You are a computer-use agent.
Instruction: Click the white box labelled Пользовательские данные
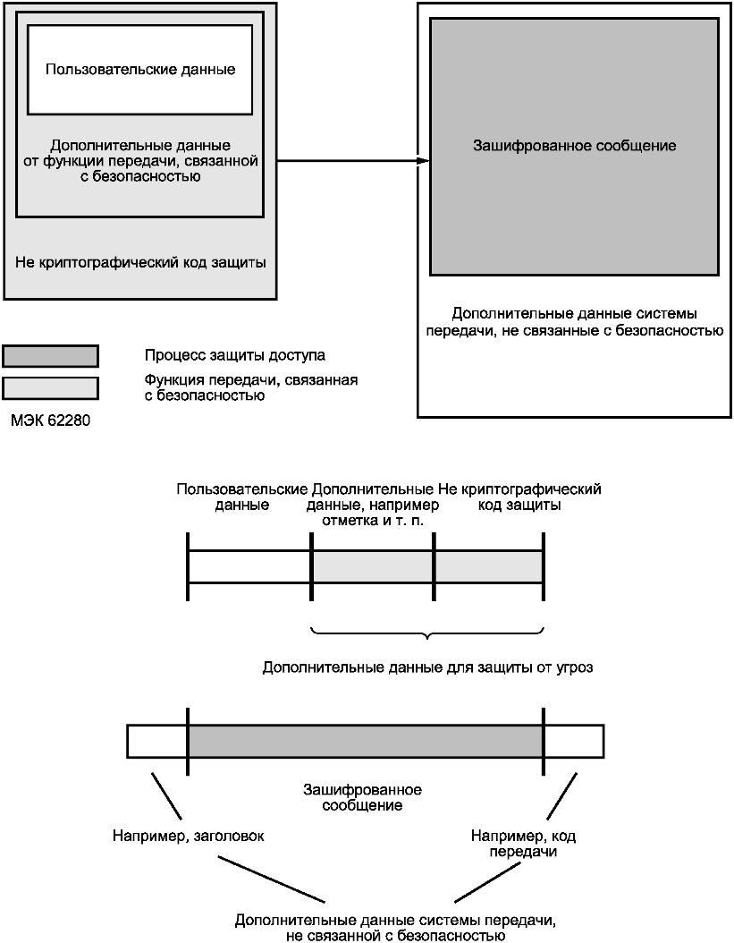[140, 70]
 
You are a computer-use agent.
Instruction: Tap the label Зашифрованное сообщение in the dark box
[574, 146]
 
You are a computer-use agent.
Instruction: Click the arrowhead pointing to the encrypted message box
[423, 161]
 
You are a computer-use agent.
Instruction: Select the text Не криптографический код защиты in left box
[140, 262]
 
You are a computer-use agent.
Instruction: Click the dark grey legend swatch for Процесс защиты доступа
[50, 356]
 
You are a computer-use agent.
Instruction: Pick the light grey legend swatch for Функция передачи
[50, 388]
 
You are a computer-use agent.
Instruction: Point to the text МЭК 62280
[50, 420]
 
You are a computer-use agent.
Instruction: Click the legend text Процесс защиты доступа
[235, 355]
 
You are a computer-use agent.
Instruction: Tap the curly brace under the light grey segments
[427, 633]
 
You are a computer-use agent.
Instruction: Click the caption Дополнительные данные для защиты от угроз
[428, 667]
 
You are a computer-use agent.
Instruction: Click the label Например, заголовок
[188, 836]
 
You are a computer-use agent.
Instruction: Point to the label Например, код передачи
[523, 844]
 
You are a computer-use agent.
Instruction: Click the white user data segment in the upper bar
[249, 566]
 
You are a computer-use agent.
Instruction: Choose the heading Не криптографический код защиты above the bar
[519, 497]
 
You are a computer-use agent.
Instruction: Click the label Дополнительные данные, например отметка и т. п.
[373, 505]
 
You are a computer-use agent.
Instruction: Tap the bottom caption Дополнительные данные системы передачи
[395, 928]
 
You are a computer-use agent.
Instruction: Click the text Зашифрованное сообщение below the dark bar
[362, 797]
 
